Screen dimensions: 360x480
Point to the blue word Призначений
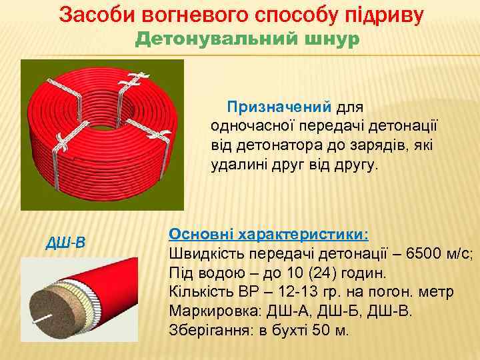[279, 107]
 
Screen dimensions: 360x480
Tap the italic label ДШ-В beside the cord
[65, 241]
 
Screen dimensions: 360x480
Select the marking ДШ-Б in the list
[342, 311]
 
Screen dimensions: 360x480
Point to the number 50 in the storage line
[324, 331]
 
